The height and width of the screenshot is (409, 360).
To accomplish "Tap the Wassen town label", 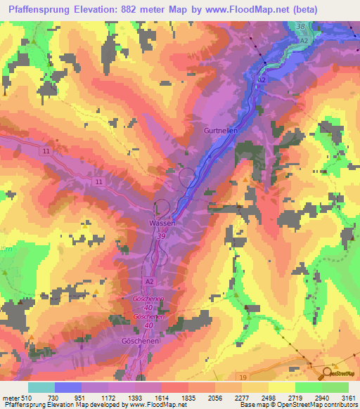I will [x=162, y=223].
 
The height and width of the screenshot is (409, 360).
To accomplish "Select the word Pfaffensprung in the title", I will [x=39, y=10].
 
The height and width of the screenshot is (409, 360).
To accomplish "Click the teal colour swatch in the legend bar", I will [x=41, y=387].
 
